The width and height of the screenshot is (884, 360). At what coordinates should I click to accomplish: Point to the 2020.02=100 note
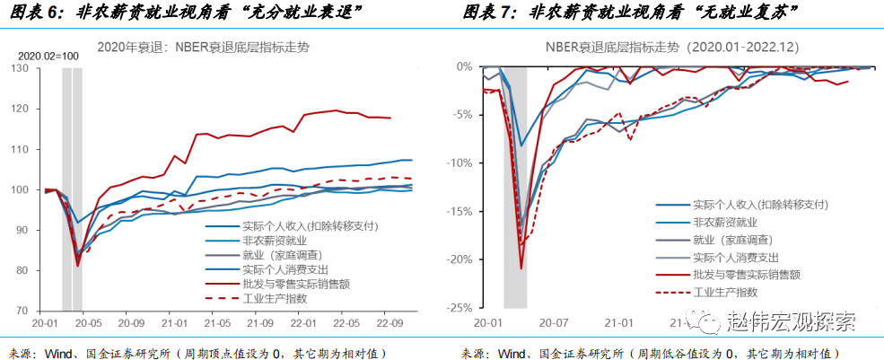47,56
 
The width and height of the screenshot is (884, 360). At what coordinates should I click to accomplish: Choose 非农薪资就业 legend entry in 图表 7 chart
724,222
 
